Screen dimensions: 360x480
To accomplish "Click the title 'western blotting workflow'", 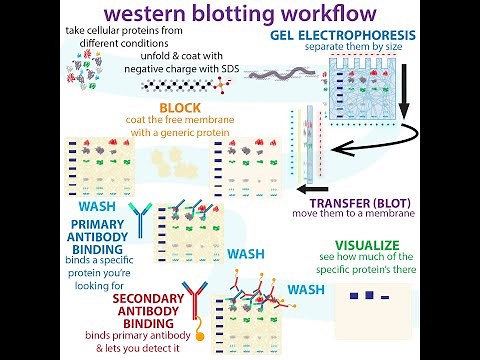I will tap(240, 15).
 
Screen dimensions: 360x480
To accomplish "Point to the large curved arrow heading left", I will tap(370, 148).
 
